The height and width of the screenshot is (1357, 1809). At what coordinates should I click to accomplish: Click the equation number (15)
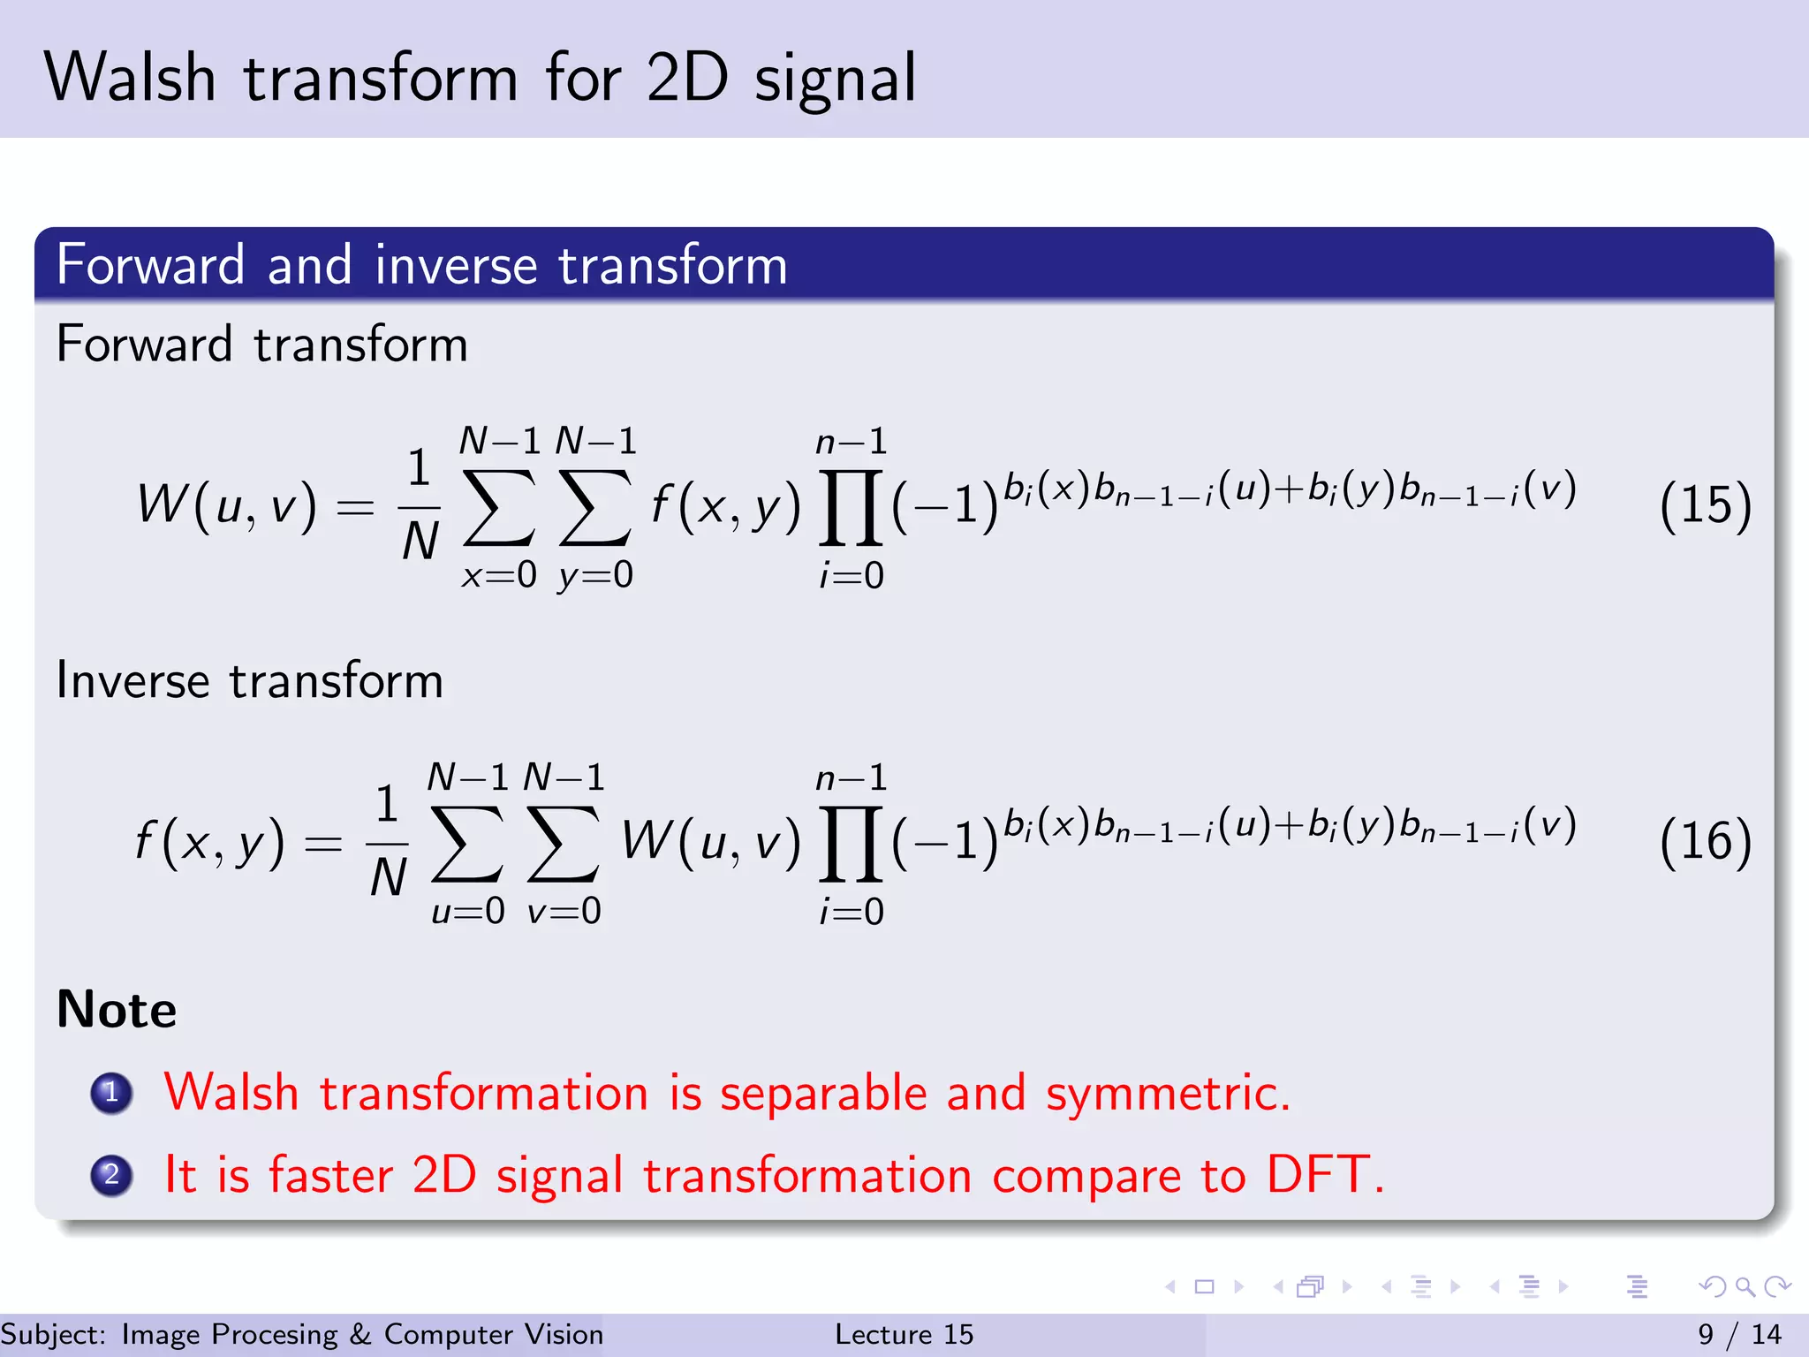(1705, 506)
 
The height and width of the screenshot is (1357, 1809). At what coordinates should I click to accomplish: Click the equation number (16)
(1705, 841)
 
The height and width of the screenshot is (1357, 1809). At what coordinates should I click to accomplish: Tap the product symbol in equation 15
(851, 507)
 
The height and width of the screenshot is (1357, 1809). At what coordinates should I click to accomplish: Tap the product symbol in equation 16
(851, 844)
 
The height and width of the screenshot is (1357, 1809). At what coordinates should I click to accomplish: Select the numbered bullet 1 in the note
(111, 1093)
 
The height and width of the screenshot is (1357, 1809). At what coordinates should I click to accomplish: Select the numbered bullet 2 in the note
(111, 1175)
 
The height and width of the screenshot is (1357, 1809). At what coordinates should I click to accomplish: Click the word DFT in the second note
(1324, 1175)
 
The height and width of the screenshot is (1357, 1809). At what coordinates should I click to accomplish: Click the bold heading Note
(117, 1010)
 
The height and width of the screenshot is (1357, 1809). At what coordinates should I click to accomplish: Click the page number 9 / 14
(1739, 1334)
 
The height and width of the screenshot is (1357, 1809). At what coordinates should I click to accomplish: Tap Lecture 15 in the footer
(904, 1334)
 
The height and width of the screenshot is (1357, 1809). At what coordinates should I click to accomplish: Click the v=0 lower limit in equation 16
(564, 911)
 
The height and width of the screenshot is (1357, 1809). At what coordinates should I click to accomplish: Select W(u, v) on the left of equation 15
(226, 506)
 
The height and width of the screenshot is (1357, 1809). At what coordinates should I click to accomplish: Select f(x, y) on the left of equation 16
(210, 842)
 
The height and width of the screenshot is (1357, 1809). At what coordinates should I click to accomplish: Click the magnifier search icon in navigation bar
(1745, 1286)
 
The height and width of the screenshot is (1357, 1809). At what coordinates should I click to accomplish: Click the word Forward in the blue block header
(150, 265)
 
